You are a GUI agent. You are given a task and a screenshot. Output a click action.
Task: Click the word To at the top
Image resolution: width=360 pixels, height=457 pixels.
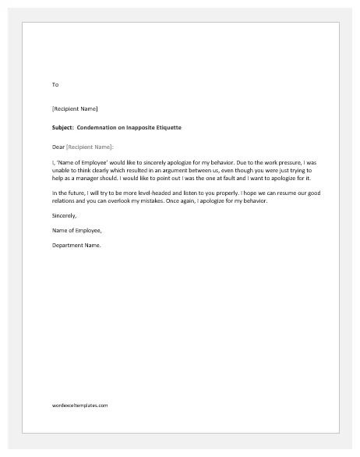click(x=55, y=84)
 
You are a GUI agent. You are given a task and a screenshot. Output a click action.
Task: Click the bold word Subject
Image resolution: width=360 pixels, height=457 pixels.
click(x=63, y=127)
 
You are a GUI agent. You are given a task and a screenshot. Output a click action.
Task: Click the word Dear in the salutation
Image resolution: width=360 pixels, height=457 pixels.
click(x=58, y=147)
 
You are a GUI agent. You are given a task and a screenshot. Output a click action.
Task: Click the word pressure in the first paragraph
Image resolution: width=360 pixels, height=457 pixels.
click(x=280, y=161)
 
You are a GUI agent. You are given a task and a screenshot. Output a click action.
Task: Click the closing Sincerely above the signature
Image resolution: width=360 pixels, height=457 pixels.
click(x=64, y=216)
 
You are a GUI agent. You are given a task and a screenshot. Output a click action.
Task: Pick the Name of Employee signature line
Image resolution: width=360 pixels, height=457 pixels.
click(x=76, y=231)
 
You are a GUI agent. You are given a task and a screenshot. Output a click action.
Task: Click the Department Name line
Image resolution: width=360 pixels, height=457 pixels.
click(x=76, y=246)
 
